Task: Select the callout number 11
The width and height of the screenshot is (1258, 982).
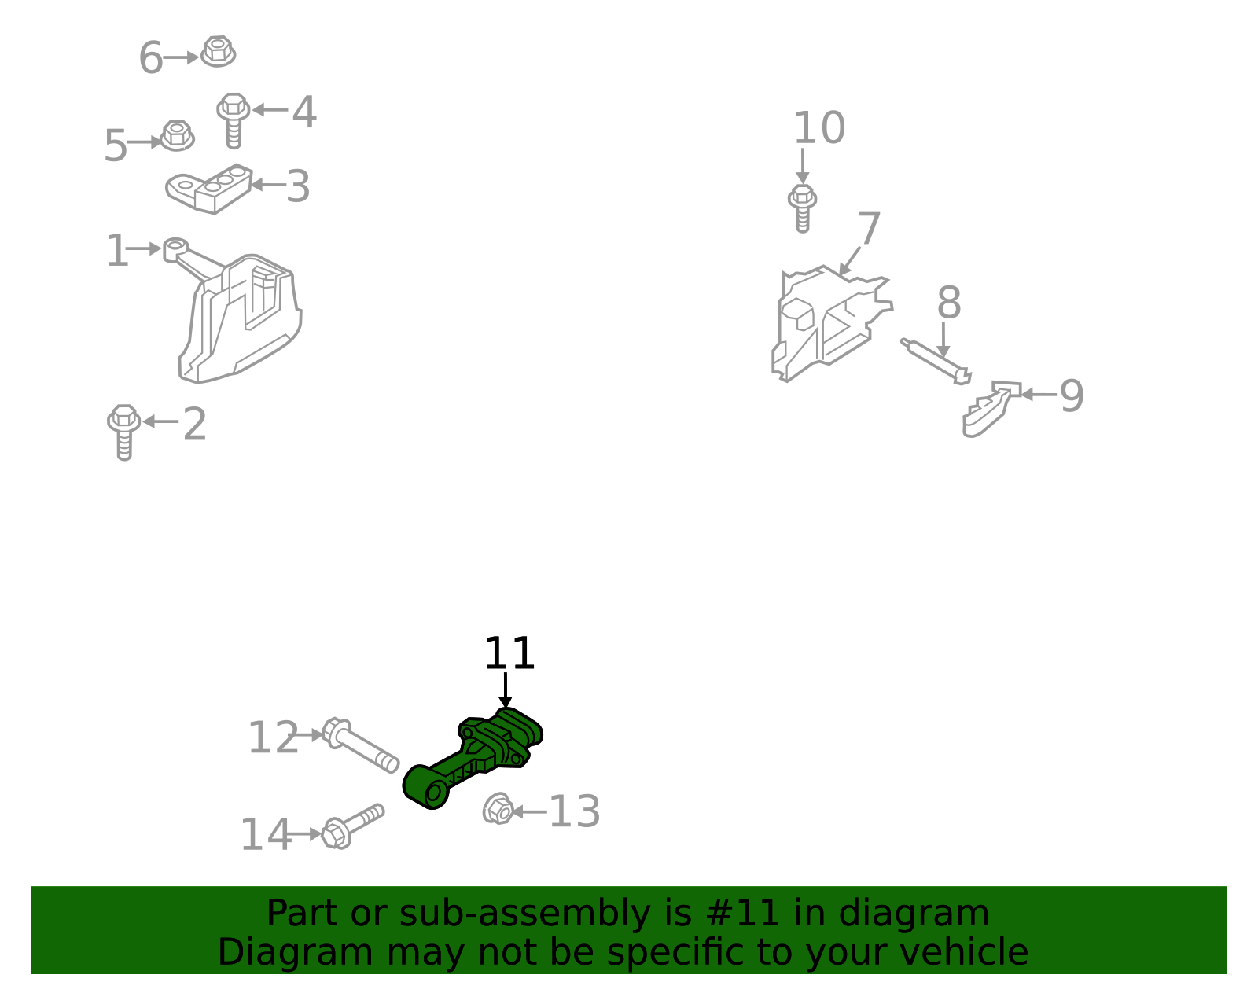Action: pos(509,653)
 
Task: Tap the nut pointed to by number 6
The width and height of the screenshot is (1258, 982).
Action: pos(218,51)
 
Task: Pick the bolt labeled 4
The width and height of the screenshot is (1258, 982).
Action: pos(234,120)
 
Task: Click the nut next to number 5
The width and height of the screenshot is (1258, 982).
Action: pos(177,135)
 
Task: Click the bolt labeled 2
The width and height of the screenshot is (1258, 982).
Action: pos(124,432)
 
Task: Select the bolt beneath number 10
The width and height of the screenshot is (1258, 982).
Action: pos(803,208)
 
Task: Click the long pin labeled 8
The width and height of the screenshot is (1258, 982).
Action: pos(936,361)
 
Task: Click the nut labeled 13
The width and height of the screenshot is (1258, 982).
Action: pos(498,809)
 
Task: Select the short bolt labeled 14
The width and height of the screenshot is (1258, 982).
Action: pos(352,826)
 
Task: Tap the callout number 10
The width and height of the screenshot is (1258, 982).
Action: pos(819,127)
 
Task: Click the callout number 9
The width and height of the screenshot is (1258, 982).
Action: pos(1072,395)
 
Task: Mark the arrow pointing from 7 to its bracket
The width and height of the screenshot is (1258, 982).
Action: pos(850,260)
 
